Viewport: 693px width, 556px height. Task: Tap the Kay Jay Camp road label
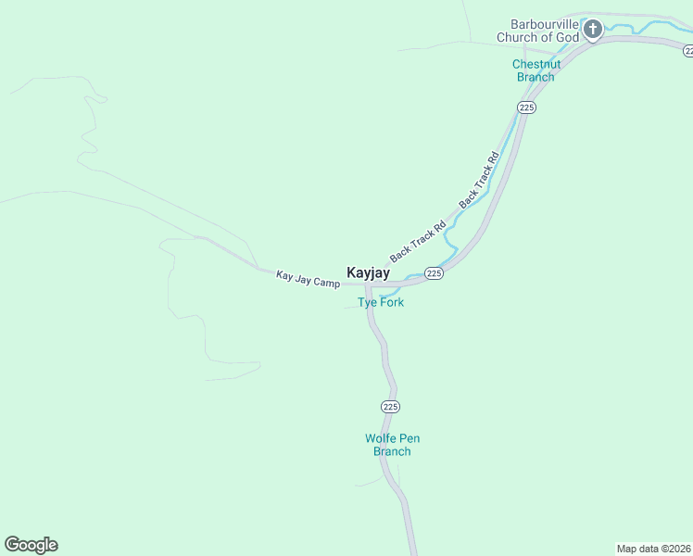(308, 278)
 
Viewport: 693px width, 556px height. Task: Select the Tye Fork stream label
(381, 302)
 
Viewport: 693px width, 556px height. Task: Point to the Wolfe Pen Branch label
(392, 445)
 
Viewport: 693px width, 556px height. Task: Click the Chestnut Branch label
(535, 70)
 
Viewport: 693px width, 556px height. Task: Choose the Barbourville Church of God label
(537, 31)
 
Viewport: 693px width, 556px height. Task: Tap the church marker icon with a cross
(593, 30)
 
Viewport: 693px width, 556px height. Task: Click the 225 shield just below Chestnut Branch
(526, 108)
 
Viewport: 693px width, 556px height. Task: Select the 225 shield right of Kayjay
(435, 272)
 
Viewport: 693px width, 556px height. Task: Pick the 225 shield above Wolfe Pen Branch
(390, 407)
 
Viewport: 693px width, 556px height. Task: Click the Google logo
(31, 545)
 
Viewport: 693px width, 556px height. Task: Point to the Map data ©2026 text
(653, 548)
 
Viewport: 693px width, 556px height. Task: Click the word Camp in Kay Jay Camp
(327, 282)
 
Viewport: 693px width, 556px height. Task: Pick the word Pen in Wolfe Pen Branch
(409, 438)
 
